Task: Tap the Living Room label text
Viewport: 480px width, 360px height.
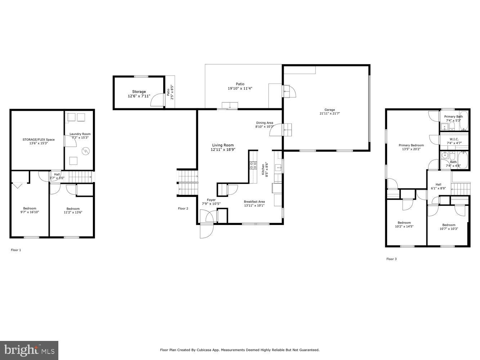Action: click(223, 147)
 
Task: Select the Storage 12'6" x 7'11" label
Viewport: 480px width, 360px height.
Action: click(139, 94)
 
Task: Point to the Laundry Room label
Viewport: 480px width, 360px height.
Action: click(80, 136)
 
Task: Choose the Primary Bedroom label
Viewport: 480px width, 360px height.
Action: click(411, 147)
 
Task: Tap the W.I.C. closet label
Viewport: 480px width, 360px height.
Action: click(454, 141)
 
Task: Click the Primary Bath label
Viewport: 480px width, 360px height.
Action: click(453, 118)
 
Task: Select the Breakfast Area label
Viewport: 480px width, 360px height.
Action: click(254, 203)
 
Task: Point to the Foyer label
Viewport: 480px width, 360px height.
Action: click(211, 202)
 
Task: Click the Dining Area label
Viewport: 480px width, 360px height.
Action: click(265, 125)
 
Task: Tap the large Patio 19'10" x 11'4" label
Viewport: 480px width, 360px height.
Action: click(240, 86)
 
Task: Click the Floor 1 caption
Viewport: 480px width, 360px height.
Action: click(16, 250)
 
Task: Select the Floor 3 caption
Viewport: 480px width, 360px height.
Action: click(391, 259)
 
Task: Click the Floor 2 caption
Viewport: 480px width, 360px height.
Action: click(183, 208)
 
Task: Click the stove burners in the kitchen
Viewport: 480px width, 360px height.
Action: click(253, 165)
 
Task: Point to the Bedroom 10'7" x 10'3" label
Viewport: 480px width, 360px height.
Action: click(449, 227)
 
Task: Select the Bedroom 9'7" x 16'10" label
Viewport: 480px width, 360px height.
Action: click(30, 210)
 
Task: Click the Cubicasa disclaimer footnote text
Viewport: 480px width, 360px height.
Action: click(239, 350)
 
